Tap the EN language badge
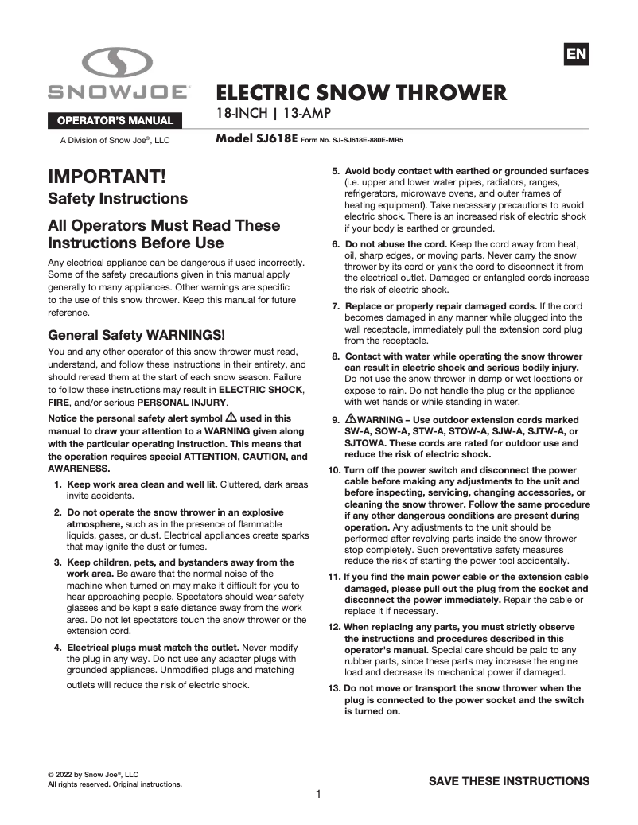coord(576,53)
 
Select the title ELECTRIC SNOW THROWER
coord(361,92)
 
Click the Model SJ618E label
coord(256,138)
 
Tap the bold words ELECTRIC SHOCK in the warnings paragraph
coord(261,390)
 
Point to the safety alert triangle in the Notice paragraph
coord(231,417)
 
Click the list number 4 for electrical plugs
coord(58,647)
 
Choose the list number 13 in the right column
coord(335,688)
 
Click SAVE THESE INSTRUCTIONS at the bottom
coord(509,780)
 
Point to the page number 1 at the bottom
coord(318,794)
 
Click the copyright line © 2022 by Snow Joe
coord(93,773)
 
